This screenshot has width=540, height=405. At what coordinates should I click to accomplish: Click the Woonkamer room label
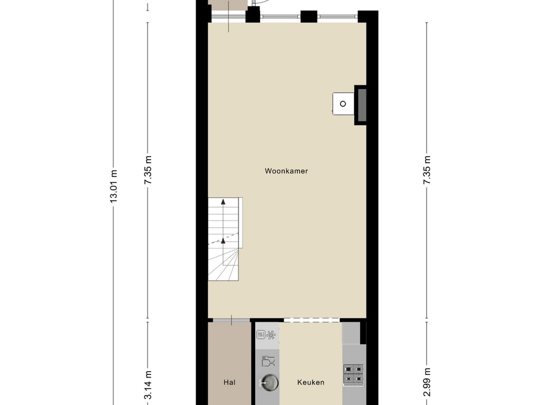286,171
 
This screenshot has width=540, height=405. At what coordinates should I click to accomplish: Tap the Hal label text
229,382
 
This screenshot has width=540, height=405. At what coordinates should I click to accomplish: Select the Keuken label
311,382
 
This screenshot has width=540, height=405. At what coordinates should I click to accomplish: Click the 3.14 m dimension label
148,384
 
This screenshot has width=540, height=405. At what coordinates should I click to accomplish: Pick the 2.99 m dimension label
427,382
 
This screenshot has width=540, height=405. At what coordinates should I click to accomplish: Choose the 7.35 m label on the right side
427,170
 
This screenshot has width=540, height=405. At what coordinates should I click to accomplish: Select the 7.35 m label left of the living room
148,170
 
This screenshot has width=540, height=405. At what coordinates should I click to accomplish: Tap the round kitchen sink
269,382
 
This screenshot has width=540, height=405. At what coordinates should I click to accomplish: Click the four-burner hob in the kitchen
353,374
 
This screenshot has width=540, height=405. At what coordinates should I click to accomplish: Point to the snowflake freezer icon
271,334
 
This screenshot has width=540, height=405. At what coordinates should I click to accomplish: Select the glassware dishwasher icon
268,361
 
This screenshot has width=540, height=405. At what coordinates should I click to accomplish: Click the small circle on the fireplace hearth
343,104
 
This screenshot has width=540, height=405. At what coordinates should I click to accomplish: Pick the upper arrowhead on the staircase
223,202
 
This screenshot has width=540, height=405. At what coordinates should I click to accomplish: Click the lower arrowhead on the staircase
223,240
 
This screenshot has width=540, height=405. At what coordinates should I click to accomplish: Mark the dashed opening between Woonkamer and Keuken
312,320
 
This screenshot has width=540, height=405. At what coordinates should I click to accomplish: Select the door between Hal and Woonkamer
232,320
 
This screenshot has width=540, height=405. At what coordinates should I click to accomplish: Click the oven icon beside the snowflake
261,334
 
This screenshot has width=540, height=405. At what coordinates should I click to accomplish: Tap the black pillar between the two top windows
309,16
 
